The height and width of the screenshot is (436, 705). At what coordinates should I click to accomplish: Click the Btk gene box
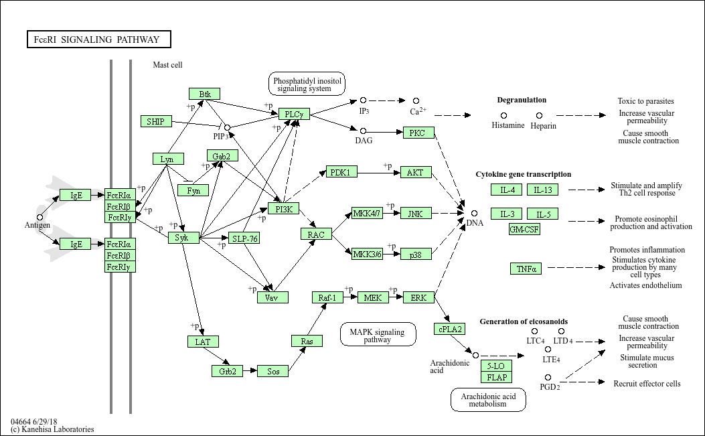[x=204, y=94]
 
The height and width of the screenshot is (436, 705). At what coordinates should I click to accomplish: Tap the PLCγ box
[x=294, y=115]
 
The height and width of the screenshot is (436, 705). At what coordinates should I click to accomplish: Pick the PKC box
[x=417, y=133]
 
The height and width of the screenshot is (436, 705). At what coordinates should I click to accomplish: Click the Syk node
[x=183, y=238]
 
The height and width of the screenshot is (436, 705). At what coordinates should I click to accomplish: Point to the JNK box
[x=416, y=213]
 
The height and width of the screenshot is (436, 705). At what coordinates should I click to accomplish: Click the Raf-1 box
[x=327, y=297]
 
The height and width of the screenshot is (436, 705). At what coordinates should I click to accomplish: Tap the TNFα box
[x=525, y=269]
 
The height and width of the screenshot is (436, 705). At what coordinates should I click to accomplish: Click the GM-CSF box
[x=524, y=229]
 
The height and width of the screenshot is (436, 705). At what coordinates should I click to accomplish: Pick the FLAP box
[x=497, y=377]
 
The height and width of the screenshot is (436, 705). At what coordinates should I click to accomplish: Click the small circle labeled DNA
[x=474, y=213]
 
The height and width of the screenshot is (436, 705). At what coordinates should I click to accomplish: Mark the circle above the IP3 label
[x=364, y=100]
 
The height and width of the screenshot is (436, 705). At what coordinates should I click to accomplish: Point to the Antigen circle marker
[x=40, y=217]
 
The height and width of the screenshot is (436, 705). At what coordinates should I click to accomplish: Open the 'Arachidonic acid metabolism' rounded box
[x=487, y=400]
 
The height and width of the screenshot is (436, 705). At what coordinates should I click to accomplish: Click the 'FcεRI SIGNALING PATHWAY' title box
[x=98, y=40]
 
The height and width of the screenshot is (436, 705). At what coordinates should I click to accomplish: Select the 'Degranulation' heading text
[x=522, y=100]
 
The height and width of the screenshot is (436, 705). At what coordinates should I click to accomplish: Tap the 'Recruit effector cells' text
[x=647, y=384]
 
